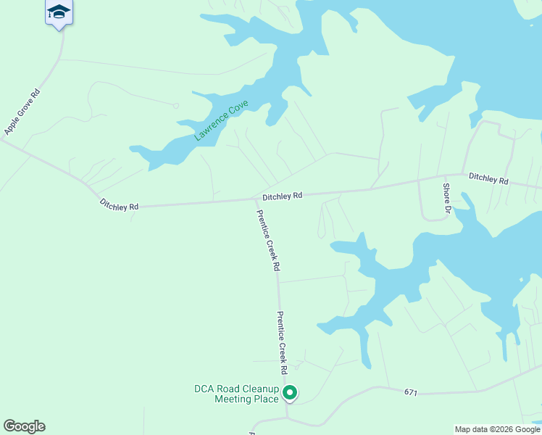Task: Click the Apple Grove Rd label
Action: point(22,111)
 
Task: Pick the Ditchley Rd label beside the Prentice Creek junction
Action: point(282,196)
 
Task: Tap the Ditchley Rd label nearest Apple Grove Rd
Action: point(119,207)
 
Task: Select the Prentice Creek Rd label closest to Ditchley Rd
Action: point(267,240)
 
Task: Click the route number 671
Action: point(411,392)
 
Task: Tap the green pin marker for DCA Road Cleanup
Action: point(290,394)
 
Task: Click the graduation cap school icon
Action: point(59,12)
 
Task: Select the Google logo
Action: point(24,426)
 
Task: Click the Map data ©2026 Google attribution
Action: point(498,429)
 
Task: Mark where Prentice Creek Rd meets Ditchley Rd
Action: point(256,200)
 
